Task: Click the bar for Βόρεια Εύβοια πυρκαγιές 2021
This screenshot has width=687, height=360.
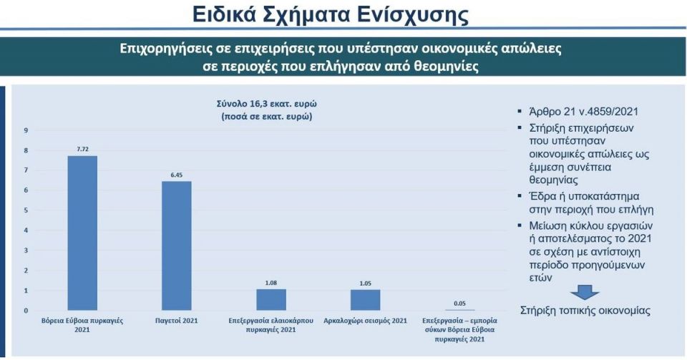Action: coord(82,233)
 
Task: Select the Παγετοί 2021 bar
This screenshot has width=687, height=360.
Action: coord(177,245)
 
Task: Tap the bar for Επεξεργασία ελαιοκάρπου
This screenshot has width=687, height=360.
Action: coord(271,300)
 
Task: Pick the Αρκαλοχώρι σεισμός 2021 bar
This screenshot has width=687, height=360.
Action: coord(366,300)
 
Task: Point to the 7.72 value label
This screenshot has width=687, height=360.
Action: coord(82,150)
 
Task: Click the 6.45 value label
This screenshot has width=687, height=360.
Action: coord(177,175)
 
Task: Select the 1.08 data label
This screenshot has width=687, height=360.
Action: coord(271,283)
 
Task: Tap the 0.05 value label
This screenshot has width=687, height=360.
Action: coord(459,303)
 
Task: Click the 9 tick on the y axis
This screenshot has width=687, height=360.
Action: coord(26,130)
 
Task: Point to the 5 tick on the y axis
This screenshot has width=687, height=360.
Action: coord(26,210)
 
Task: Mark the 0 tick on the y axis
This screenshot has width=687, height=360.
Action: coord(26,311)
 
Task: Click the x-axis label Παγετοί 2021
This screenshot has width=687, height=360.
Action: coord(177,321)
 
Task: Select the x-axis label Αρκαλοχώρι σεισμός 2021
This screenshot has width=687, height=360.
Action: coord(366,321)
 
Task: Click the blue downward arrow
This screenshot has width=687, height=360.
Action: coord(585,292)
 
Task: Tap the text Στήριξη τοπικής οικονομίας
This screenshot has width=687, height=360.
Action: coord(585,311)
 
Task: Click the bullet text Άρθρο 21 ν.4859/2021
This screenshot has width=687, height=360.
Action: coord(584,112)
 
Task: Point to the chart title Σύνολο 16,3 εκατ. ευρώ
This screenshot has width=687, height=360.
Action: coord(267,104)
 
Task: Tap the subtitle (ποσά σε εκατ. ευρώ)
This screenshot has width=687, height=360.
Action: coord(267,117)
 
